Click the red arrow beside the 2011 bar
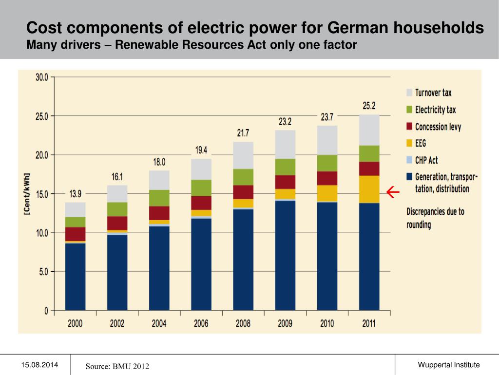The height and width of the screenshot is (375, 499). (393, 193)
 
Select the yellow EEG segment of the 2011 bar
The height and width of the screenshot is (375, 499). (369, 189)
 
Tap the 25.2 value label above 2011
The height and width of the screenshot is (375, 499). (369, 105)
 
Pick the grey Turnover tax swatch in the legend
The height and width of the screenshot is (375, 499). (409, 93)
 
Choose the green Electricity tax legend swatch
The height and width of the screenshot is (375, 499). (409, 110)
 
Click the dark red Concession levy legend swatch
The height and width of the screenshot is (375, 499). (409, 127)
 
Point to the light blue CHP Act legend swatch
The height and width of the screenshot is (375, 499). (409, 160)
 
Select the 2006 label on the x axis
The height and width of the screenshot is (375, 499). (201, 323)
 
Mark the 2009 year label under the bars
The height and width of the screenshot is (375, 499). (285, 323)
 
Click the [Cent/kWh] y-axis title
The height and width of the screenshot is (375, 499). (27, 194)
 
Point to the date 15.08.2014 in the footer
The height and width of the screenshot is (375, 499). (39, 365)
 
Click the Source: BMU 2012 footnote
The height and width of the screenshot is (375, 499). (117, 366)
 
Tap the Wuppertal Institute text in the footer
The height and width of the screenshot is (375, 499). (449, 365)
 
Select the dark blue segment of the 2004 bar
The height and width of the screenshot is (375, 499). (159, 268)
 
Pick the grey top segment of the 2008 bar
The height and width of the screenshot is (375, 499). (243, 155)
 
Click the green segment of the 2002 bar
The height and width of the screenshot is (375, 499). (117, 209)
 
